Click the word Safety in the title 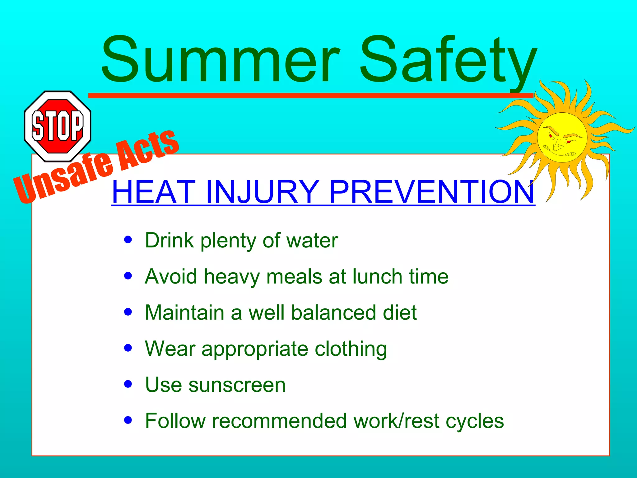[x=448, y=61]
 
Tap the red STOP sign [x=58, y=126]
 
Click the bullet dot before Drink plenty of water [x=128, y=240]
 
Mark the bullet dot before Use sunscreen [x=128, y=384]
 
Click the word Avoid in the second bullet [x=171, y=276]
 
